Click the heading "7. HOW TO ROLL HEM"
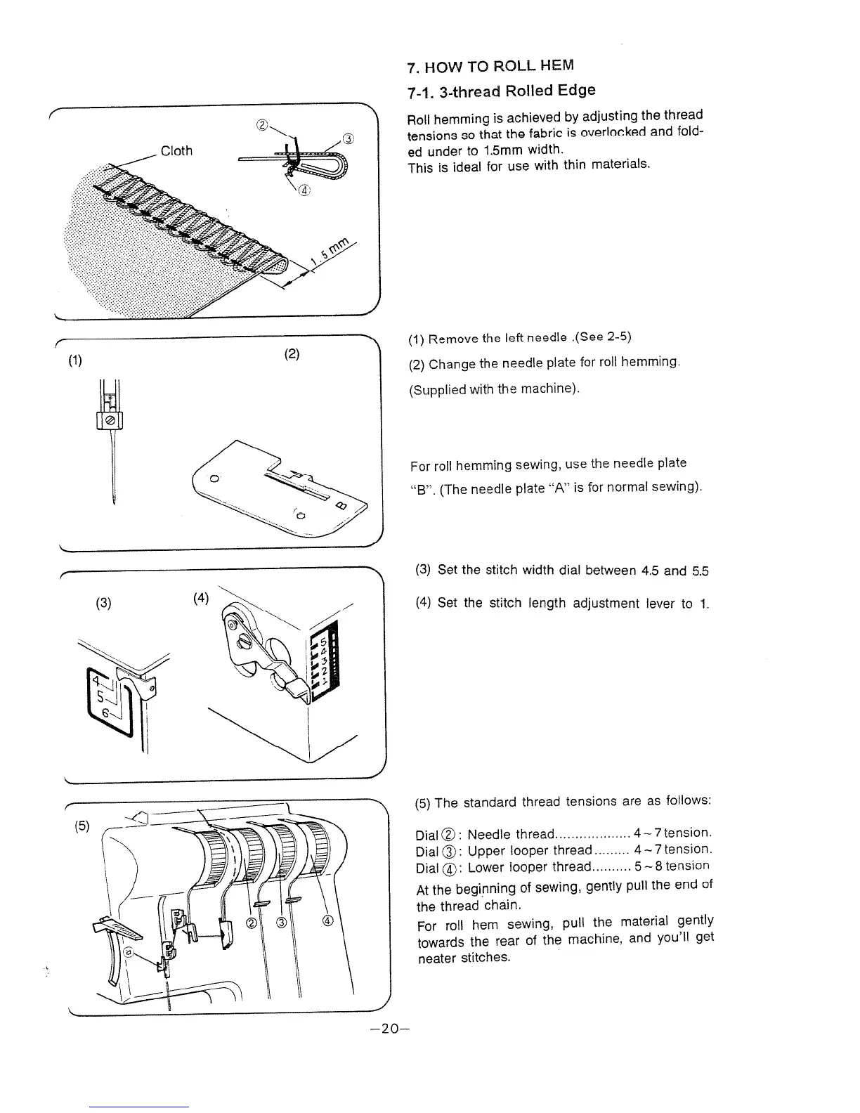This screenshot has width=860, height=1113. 490,67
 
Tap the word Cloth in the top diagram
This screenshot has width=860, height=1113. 176,151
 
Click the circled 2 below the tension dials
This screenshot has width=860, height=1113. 251,923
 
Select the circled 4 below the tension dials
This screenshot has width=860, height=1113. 327,921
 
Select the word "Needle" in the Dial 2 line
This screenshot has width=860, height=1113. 489,835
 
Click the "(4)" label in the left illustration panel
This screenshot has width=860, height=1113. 201,599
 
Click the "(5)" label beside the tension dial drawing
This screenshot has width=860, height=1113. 83,826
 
